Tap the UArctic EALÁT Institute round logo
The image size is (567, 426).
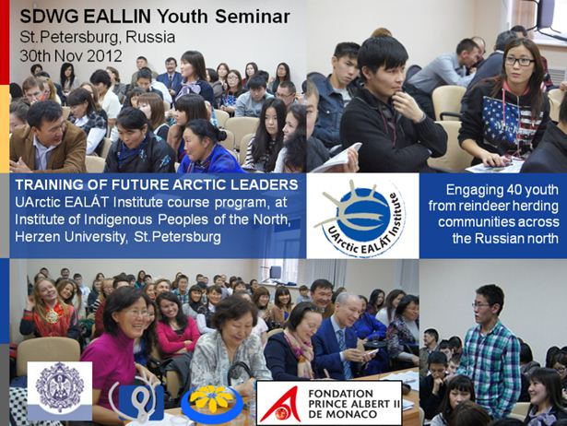pos(360,218)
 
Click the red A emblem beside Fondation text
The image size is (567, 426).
pos(281,404)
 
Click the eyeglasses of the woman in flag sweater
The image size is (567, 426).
pos(519,61)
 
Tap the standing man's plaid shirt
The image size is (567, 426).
pos(490,362)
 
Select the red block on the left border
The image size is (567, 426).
pos(5,41)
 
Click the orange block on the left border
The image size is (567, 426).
pos(5,127)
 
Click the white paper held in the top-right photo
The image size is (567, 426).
pos(337,158)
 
